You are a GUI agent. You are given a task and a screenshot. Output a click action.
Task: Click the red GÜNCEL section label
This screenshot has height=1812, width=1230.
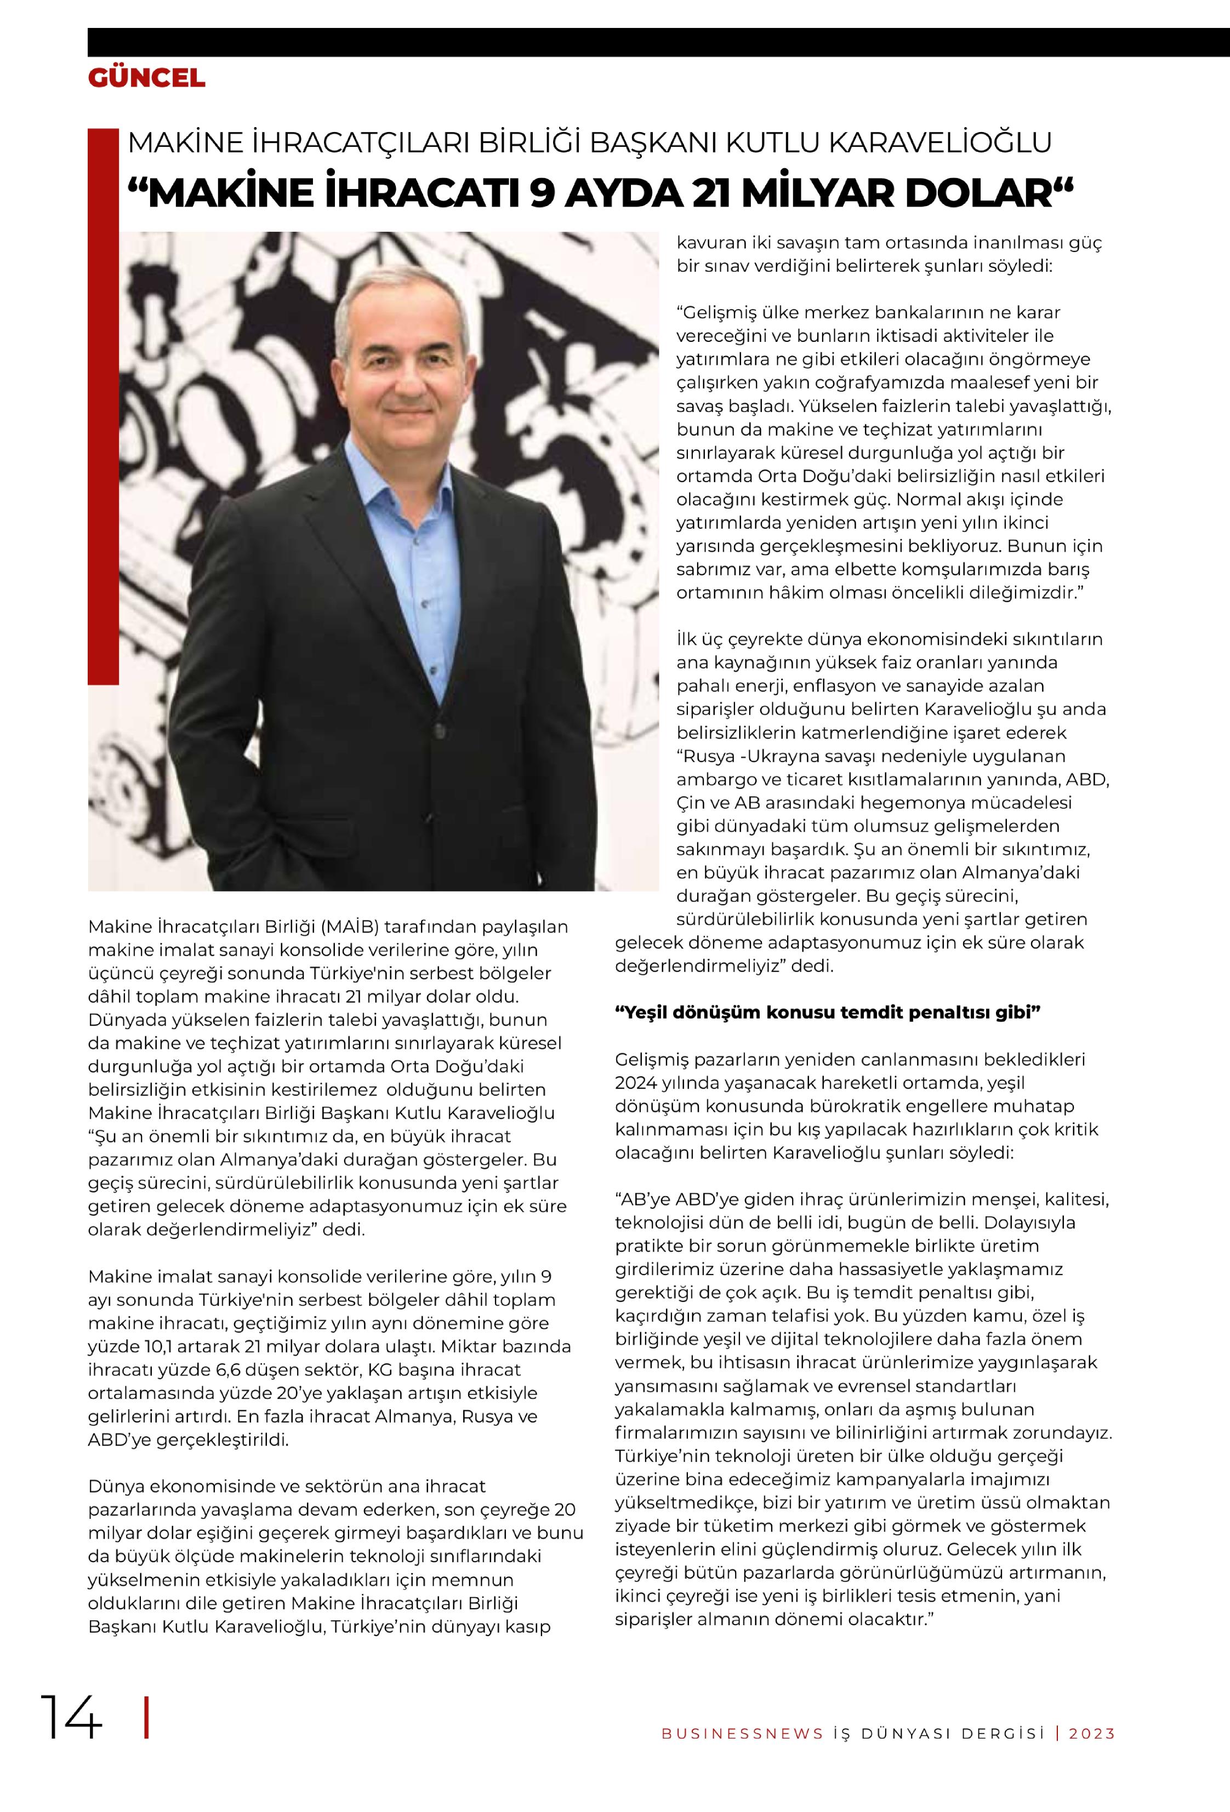[147, 78]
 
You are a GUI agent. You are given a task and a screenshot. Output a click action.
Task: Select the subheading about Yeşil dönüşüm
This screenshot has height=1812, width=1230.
[828, 1012]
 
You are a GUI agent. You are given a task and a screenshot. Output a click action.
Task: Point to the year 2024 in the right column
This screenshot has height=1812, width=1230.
[636, 1082]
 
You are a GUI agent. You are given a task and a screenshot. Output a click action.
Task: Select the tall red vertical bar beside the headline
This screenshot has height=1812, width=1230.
[103, 405]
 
